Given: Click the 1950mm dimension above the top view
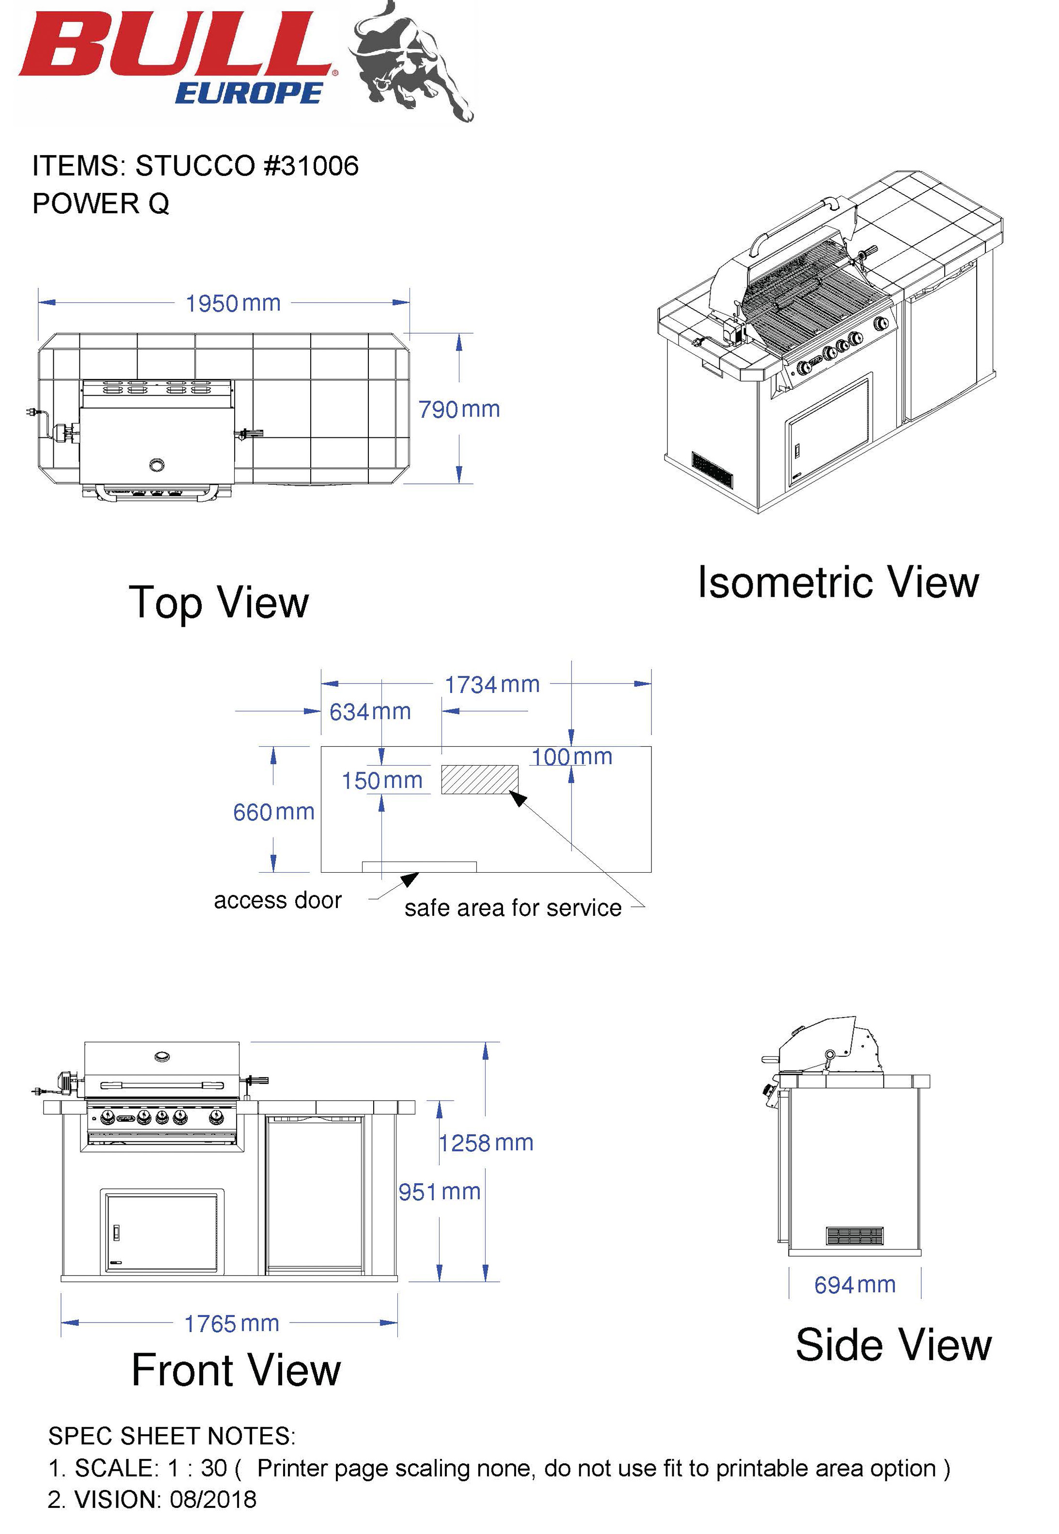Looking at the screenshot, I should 233,304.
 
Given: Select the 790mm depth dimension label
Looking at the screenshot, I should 458,410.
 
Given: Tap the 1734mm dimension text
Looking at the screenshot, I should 491,685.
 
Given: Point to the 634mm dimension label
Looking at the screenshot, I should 370,712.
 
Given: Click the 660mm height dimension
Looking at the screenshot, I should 273,812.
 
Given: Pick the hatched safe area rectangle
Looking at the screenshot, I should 480,779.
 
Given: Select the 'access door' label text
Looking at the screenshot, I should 277,900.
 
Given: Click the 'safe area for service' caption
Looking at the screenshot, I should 513,908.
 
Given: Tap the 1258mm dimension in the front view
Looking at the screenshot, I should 487,1143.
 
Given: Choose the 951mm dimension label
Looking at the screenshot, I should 439,1192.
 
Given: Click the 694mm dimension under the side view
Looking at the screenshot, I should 854,1285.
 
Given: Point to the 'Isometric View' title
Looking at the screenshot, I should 838,582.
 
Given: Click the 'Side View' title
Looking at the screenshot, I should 893,1345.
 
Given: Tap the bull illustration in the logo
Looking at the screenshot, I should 411,63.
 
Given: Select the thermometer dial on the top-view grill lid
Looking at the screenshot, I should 157,464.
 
